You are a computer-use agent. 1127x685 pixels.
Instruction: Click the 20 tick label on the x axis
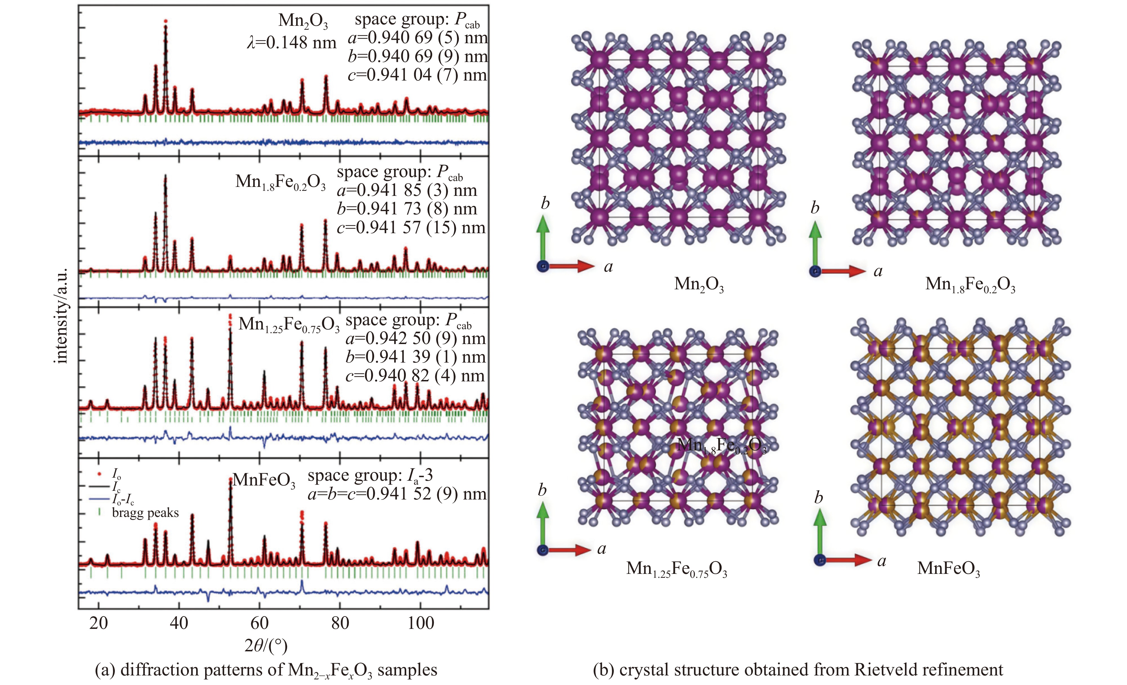tap(98, 622)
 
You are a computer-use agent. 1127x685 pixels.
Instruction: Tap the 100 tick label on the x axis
tap(420, 622)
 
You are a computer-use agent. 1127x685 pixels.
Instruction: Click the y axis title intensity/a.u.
tap(61, 315)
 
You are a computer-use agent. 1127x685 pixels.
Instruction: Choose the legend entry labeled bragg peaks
tap(145, 513)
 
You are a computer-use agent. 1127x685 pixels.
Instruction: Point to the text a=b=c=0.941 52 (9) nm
tap(397, 494)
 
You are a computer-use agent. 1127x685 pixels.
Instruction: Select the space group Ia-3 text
tap(370, 476)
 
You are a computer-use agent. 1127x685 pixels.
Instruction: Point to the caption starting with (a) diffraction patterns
tap(266, 670)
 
